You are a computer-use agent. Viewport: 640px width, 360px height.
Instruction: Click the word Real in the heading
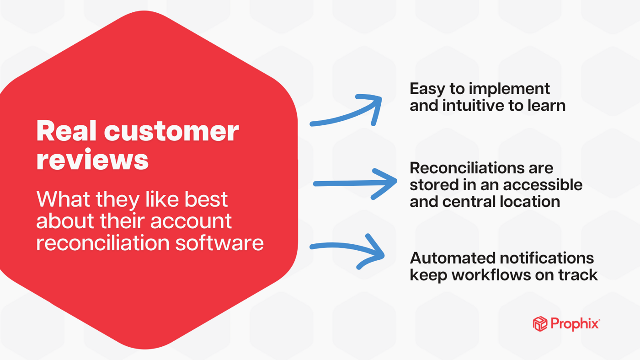point(66,131)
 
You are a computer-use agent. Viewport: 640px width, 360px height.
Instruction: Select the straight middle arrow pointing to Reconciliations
point(355,183)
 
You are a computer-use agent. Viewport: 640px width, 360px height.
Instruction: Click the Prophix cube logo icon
point(540,324)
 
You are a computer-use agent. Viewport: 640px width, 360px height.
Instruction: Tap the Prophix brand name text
point(575,324)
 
